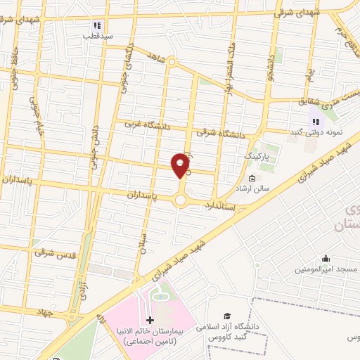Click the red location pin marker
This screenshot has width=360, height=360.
point(181,165)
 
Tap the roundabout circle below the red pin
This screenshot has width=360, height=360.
point(181,201)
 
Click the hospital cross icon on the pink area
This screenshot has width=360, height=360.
point(148,320)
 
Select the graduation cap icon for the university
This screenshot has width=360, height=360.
point(226,316)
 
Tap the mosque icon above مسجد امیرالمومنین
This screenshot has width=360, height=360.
point(325,259)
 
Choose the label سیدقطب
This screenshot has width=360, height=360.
point(93,35)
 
